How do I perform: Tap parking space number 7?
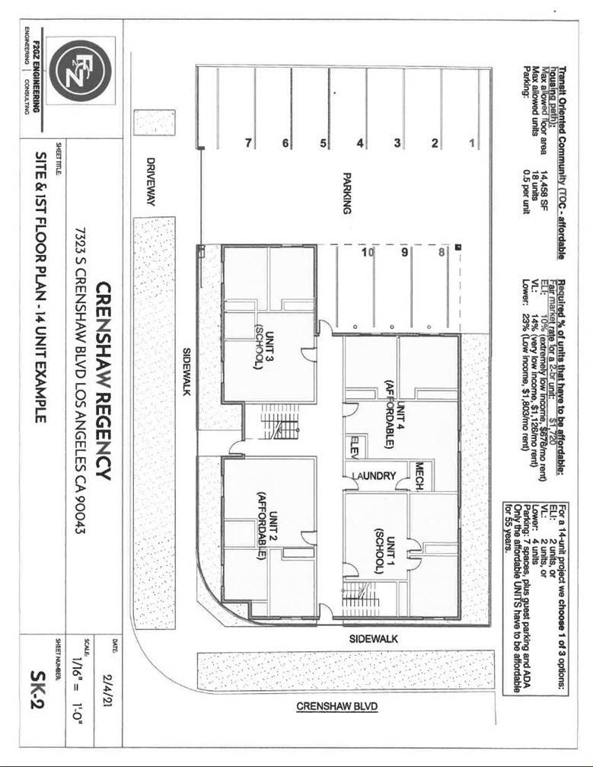[248, 143]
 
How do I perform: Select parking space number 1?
[472, 143]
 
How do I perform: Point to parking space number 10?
[367, 253]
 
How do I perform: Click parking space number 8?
[442, 253]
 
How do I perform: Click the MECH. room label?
[419, 474]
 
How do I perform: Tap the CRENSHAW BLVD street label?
[336, 705]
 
